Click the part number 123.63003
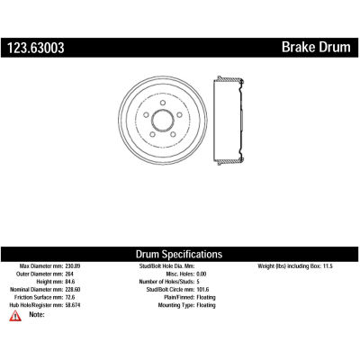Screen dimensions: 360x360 point(36,48)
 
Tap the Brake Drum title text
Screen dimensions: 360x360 point(316,47)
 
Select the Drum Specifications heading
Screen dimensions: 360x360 point(179,255)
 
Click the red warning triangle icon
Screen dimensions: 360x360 point(15,316)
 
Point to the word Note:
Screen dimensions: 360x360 point(37,314)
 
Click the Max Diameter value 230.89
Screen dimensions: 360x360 point(73,266)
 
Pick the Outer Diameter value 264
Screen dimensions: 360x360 point(69,274)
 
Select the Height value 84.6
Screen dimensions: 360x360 point(70,282)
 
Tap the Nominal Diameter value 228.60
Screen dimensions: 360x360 point(73,290)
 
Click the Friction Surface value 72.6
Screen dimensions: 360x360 point(70,297)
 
